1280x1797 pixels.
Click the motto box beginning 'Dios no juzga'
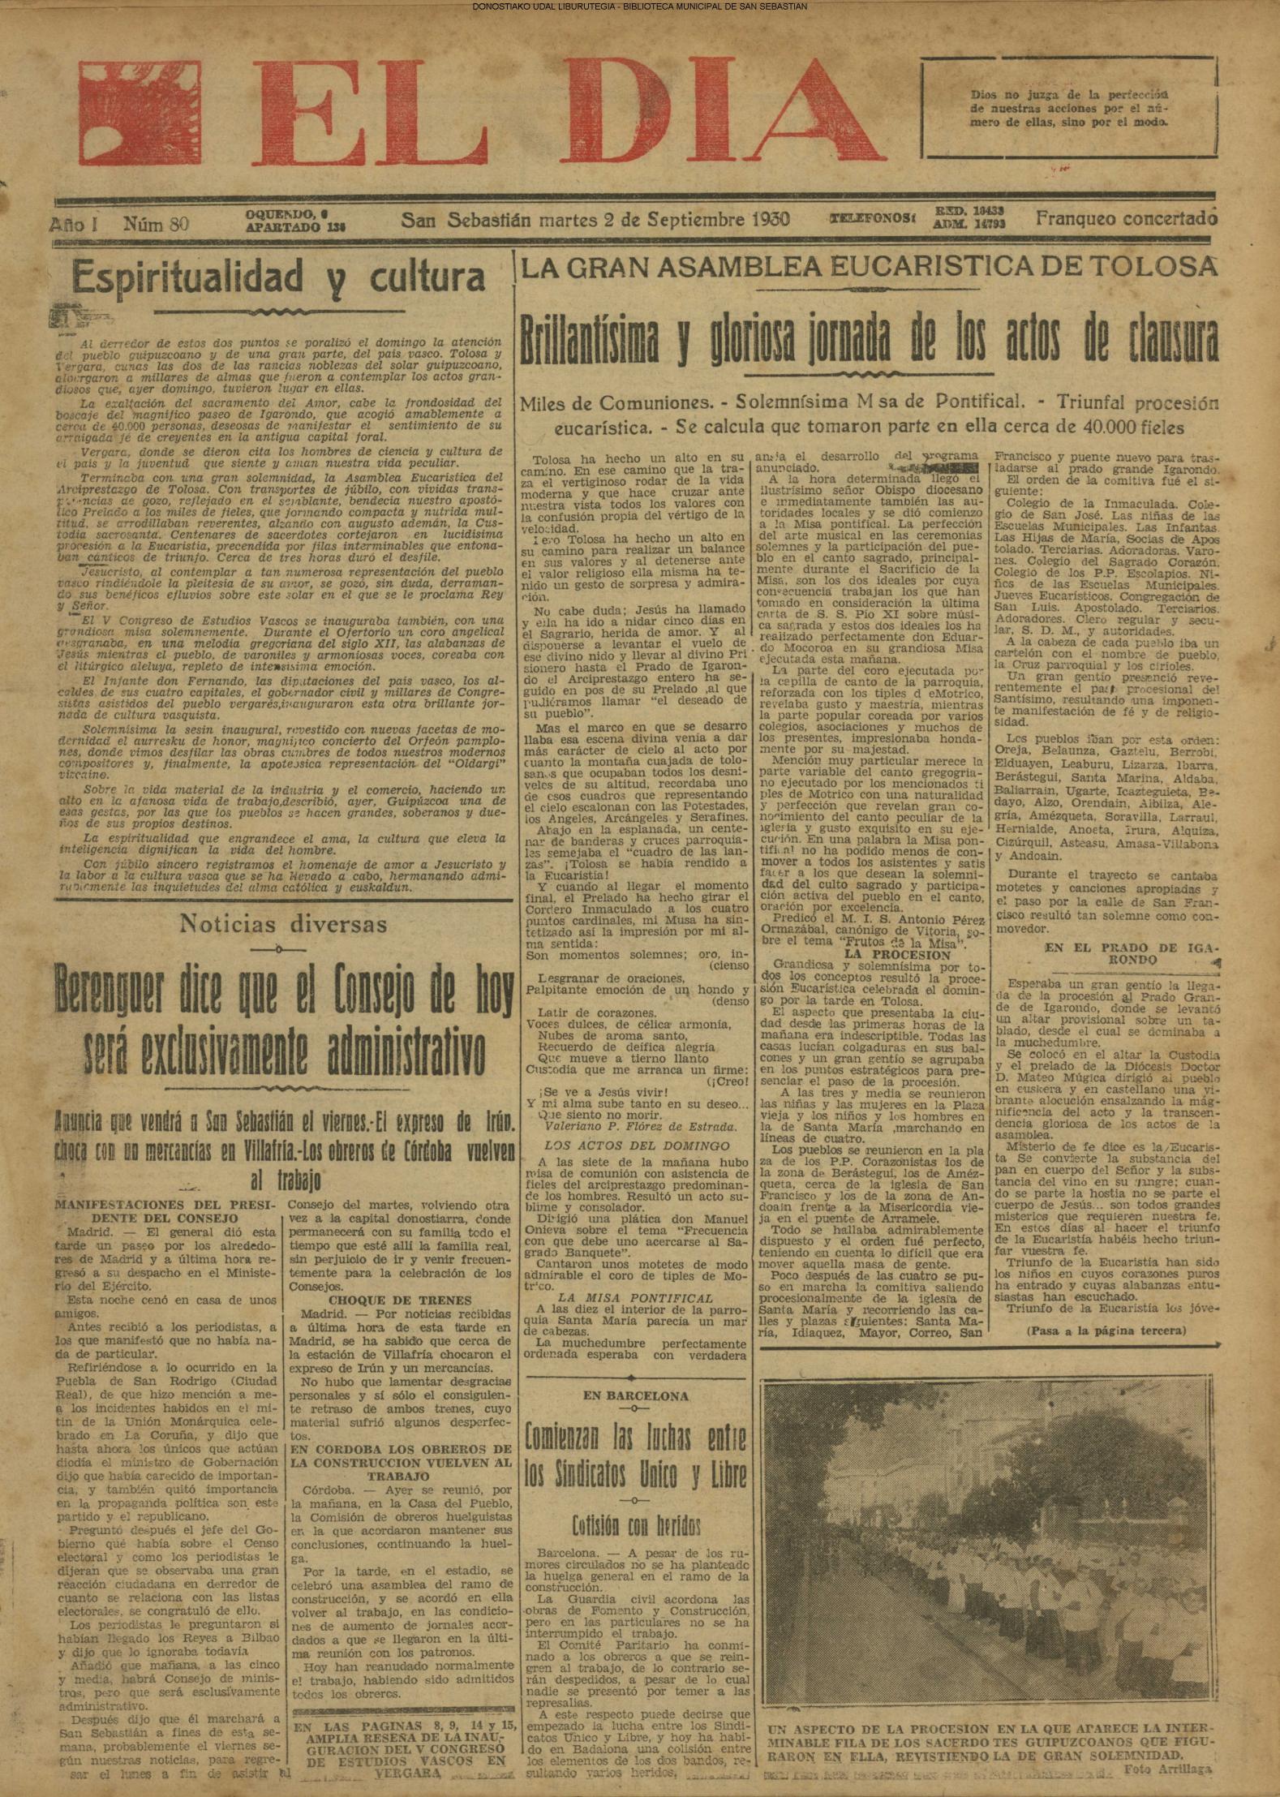pyautogui.click(x=1070, y=110)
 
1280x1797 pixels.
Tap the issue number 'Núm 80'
pyautogui.click(x=156, y=224)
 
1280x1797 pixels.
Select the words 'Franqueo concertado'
pyautogui.click(x=1126, y=218)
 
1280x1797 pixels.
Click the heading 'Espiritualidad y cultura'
pyautogui.click(x=278, y=278)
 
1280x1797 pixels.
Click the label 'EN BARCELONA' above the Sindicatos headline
pyautogui.click(x=636, y=1396)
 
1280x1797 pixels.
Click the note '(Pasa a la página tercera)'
pyautogui.click(x=1105, y=1331)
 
